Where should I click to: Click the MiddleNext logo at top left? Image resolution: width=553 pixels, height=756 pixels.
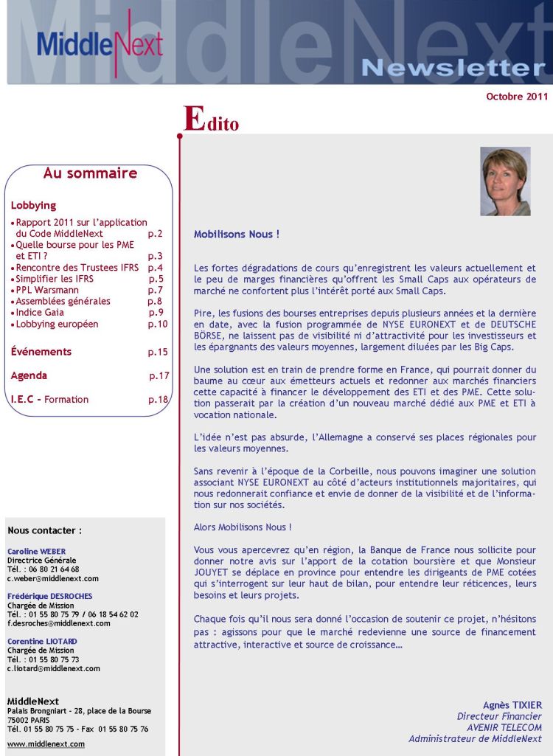[x=99, y=43]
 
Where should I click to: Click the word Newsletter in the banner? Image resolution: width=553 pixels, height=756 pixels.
[x=453, y=68]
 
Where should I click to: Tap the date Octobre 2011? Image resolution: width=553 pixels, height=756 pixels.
[x=517, y=97]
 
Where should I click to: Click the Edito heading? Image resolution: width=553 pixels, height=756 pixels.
[x=211, y=120]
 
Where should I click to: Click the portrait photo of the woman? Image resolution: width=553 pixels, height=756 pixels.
[x=505, y=181]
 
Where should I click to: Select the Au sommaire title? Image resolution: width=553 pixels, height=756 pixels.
[x=90, y=173]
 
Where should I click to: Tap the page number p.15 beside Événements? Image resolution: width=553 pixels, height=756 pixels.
[x=158, y=352]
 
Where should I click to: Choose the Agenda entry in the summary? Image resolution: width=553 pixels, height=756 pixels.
[x=29, y=375]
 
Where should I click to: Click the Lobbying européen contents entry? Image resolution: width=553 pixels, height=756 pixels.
[x=57, y=324]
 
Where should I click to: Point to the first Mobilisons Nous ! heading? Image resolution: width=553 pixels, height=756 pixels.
[x=237, y=235]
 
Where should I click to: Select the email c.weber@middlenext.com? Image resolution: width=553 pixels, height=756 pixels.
[x=53, y=578]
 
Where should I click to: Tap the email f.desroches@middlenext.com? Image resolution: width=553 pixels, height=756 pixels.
[x=59, y=623]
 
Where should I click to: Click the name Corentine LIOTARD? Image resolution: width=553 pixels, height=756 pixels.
[x=42, y=642]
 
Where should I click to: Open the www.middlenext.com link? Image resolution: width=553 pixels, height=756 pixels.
[x=46, y=744]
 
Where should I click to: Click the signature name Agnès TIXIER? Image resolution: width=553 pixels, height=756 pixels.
[x=512, y=705]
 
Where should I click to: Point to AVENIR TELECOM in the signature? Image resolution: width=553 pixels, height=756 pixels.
[x=504, y=727]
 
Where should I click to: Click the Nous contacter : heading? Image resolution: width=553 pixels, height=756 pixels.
[x=44, y=530]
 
